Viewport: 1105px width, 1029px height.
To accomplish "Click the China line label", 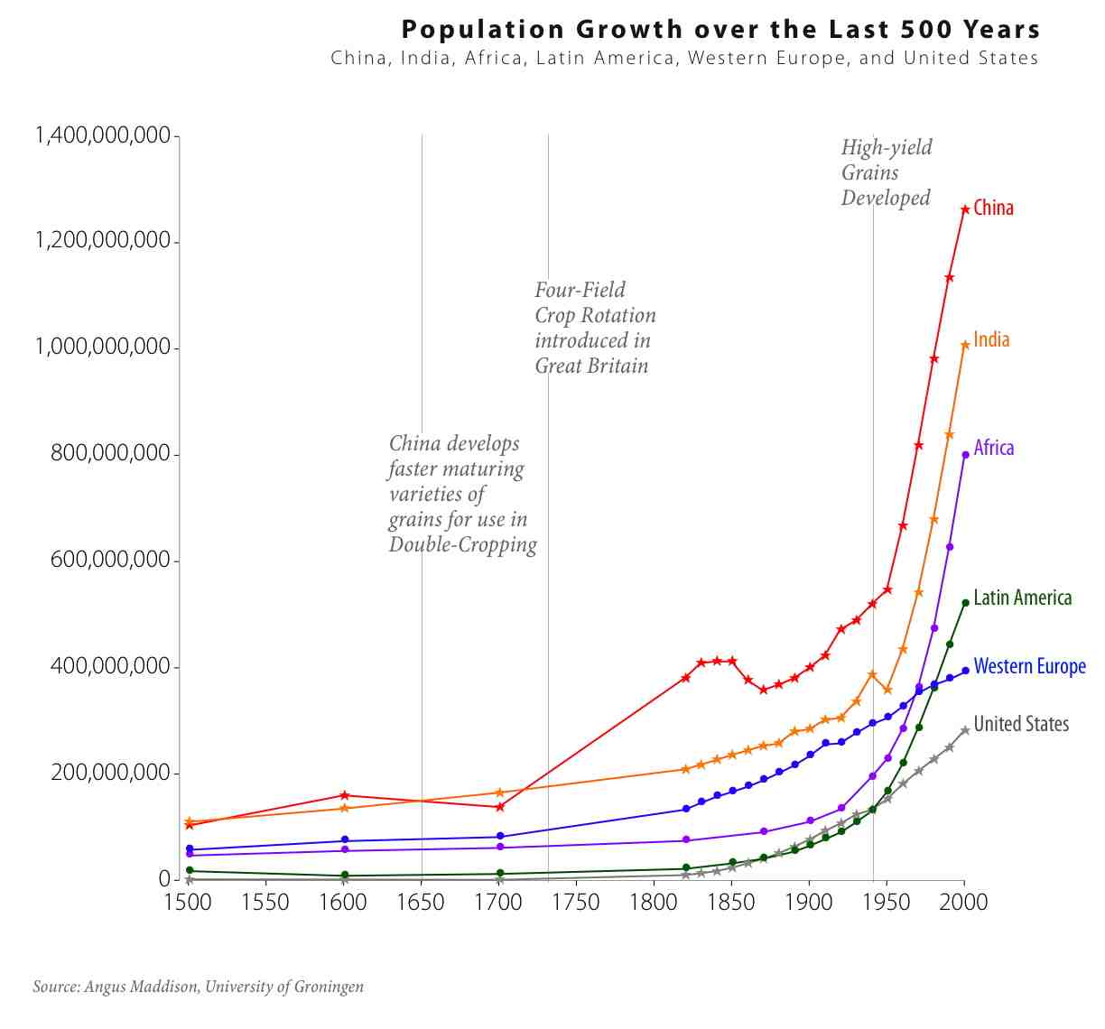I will [x=993, y=209].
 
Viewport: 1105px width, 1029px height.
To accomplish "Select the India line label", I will [x=991, y=340].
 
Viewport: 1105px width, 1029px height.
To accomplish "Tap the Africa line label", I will [x=993, y=449].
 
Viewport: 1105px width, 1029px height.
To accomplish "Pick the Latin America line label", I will [x=1022, y=598].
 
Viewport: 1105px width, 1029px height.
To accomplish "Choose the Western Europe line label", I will [x=1029, y=667].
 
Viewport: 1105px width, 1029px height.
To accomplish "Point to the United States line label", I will [x=1021, y=725].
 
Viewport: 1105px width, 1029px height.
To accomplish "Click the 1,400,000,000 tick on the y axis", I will [x=102, y=136].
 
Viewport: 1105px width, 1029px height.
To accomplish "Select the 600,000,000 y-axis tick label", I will [x=110, y=561].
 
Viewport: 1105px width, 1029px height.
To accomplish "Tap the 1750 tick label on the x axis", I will [x=575, y=903].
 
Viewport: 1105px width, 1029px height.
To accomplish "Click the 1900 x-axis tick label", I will [x=809, y=903].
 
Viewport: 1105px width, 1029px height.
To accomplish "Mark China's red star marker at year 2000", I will [x=965, y=209].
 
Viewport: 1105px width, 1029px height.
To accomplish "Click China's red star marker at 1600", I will [x=344, y=795].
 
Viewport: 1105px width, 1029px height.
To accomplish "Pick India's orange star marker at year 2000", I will [x=965, y=345].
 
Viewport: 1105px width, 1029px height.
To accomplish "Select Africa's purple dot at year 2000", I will [x=965, y=455].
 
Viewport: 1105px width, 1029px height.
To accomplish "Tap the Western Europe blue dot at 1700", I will [x=500, y=837].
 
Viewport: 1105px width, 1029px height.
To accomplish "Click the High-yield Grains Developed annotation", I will [x=886, y=173].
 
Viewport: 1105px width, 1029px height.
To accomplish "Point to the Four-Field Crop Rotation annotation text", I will [x=594, y=329].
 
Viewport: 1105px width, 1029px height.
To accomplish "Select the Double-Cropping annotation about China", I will [x=460, y=495].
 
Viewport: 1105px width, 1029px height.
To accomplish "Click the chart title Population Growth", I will [x=720, y=30].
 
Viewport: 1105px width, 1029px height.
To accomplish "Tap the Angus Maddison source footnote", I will [x=199, y=987].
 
